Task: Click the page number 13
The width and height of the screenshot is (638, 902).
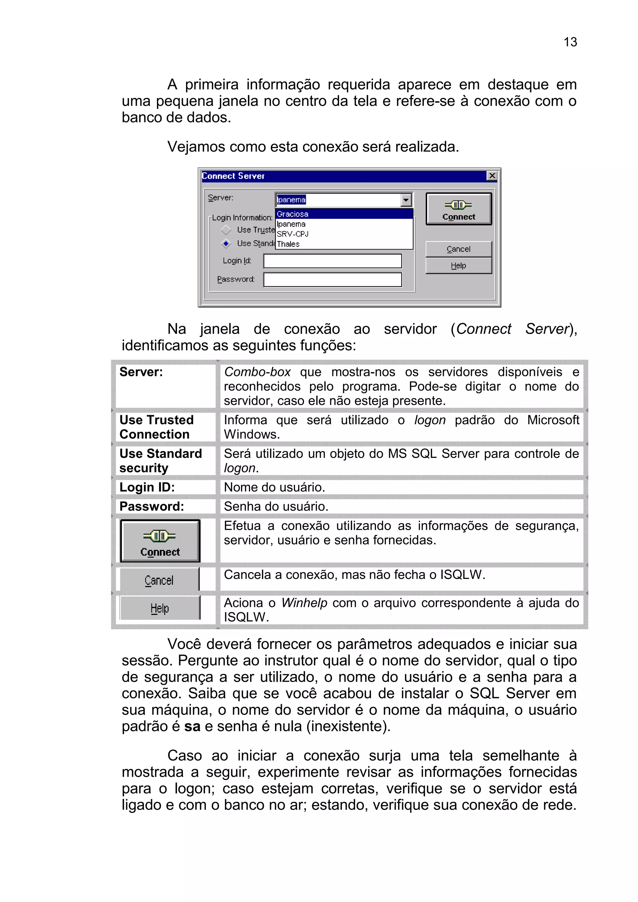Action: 570,42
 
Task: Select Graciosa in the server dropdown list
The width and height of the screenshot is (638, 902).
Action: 293,214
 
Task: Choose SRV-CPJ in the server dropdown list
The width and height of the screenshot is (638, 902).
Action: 293,234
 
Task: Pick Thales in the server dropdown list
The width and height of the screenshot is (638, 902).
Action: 288,244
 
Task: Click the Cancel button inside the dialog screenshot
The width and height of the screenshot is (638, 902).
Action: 458,249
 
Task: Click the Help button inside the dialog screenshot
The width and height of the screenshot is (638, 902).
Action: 458,265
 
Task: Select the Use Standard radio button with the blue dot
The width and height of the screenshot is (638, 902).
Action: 226,244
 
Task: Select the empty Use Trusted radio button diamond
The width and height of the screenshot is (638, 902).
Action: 226,230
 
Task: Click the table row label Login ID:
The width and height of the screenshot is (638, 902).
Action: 147,487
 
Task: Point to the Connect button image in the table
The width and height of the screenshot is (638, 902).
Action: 160,541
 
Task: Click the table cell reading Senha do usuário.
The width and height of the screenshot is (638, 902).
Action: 276,506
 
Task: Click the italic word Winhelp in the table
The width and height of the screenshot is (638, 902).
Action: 304,603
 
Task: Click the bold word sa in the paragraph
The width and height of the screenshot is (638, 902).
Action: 192,726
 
